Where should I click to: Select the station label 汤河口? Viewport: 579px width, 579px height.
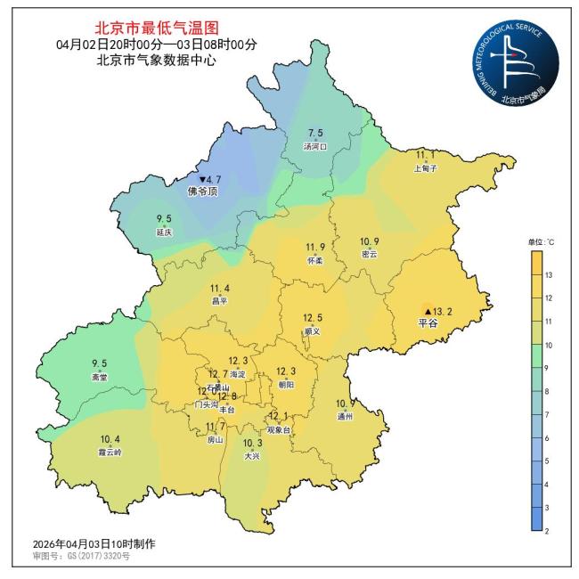[x=315, y=146]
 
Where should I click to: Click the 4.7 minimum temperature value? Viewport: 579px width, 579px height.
[x=210, y=179]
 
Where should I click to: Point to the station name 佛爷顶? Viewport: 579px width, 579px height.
[x=201, y=191]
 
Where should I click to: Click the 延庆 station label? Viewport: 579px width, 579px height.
[x=164, y=232]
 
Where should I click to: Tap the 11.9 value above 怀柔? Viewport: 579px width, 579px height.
[x=315, y=248]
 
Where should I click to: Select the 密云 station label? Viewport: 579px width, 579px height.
[x=369, y=254]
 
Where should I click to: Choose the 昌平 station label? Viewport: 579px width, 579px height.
[x=219, y=301]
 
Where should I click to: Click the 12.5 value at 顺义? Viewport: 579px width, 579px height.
[x=312, y=318]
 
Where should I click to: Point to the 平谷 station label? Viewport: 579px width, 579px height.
[x=428, y=323]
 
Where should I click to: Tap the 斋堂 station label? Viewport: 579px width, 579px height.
[x=99, y=377]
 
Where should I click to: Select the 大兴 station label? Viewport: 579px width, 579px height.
[x=253, y=456]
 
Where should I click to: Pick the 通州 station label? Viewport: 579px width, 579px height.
[x=345, y=416]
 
